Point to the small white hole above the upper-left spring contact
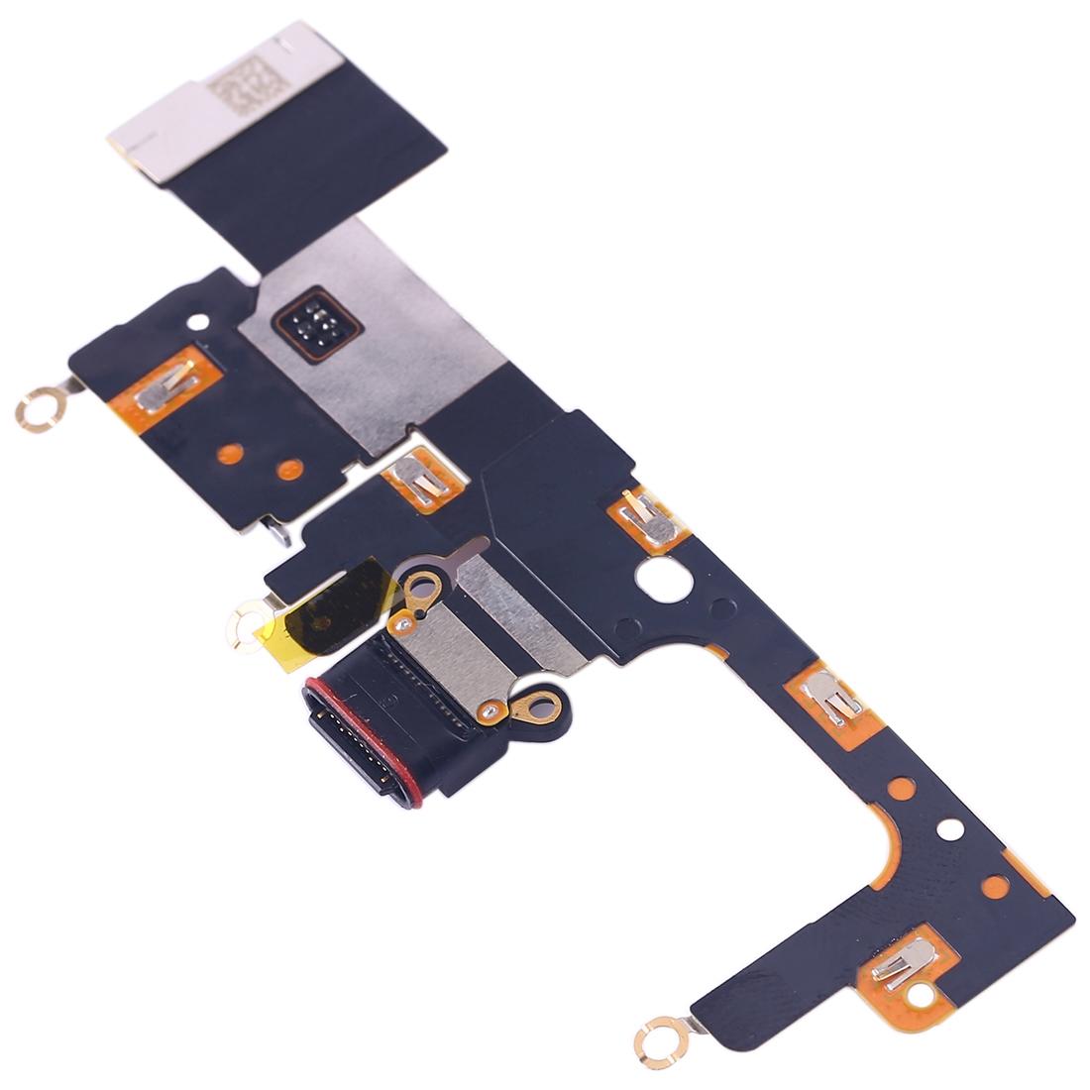click(203, 321)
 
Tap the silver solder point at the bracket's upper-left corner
click(403, 623)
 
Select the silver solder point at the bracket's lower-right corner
click(489, 710)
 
